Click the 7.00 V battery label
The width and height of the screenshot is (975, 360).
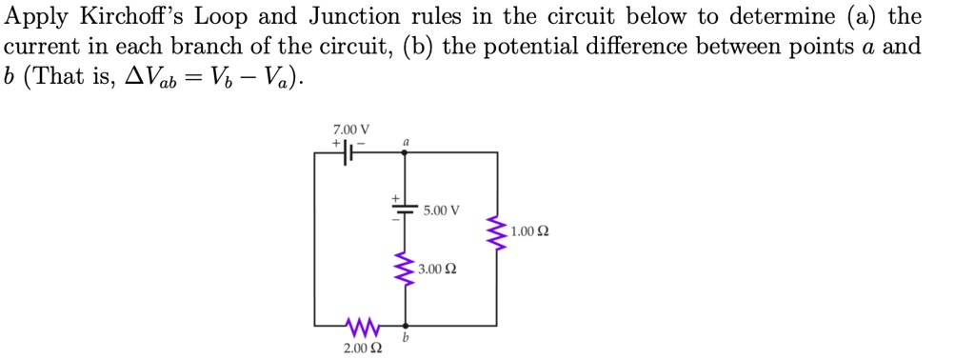[351, 130]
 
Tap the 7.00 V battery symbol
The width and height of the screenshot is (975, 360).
[349, 152]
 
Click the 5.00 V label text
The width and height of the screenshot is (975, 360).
[442, 210]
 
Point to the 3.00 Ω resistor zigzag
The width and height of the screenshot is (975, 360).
[407, 270]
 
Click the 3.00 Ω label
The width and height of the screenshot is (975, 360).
[437, 270]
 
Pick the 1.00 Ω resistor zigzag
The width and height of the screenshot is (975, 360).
[495, 230]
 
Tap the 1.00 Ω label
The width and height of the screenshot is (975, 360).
[529, 231]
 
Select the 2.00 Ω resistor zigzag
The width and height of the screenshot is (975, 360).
[362, 327]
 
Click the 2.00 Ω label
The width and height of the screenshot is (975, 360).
[363, 350]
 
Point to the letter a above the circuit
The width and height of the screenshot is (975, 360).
[406, 141]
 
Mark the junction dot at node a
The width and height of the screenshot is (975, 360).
[407, 152]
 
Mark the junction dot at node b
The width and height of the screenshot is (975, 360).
[407, 326]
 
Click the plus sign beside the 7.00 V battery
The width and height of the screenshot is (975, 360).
[336, 142]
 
